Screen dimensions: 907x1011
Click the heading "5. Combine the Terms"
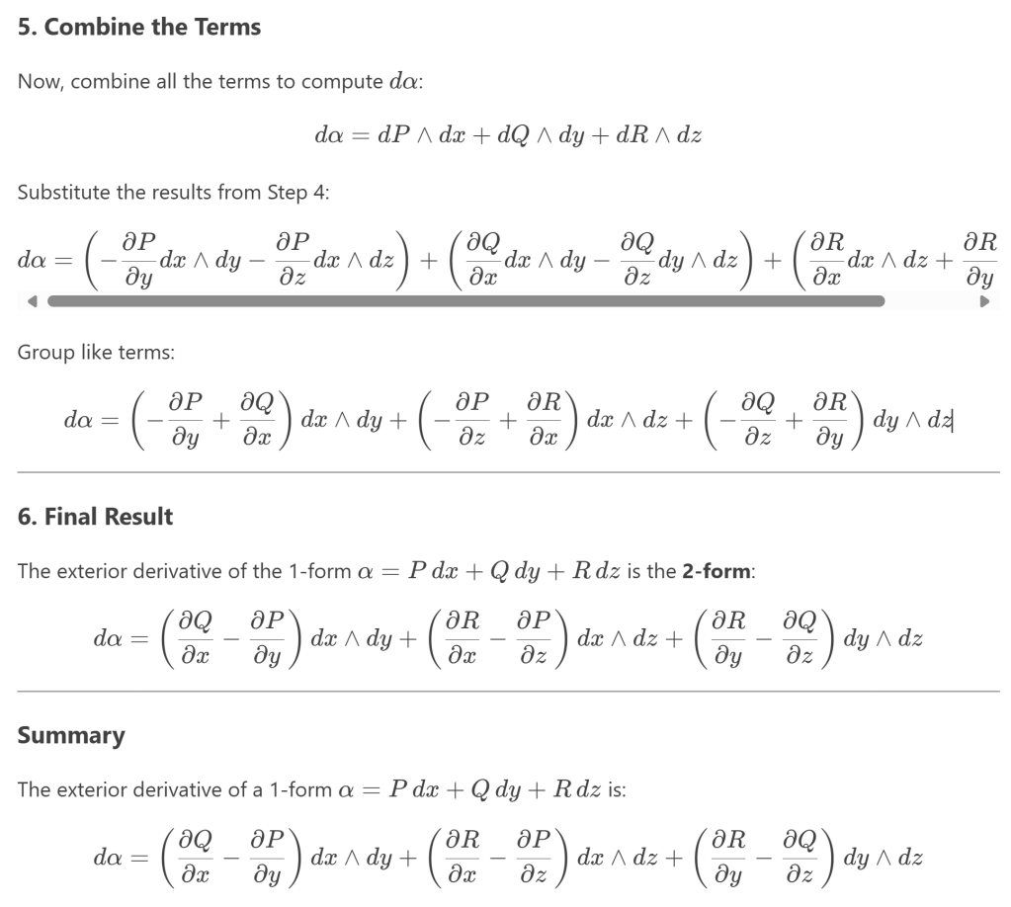pyautogui.click(x=139, y=27)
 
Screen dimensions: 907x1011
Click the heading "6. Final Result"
pyautogui.click(x=95, y=517)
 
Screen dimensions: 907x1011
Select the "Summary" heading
pyautogui.click(x=71, y=736)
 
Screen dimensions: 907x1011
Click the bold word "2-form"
pyautogui.click(x=717, y=573)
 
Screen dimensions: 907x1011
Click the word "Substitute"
pyautogui.click(x=56, y=192)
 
